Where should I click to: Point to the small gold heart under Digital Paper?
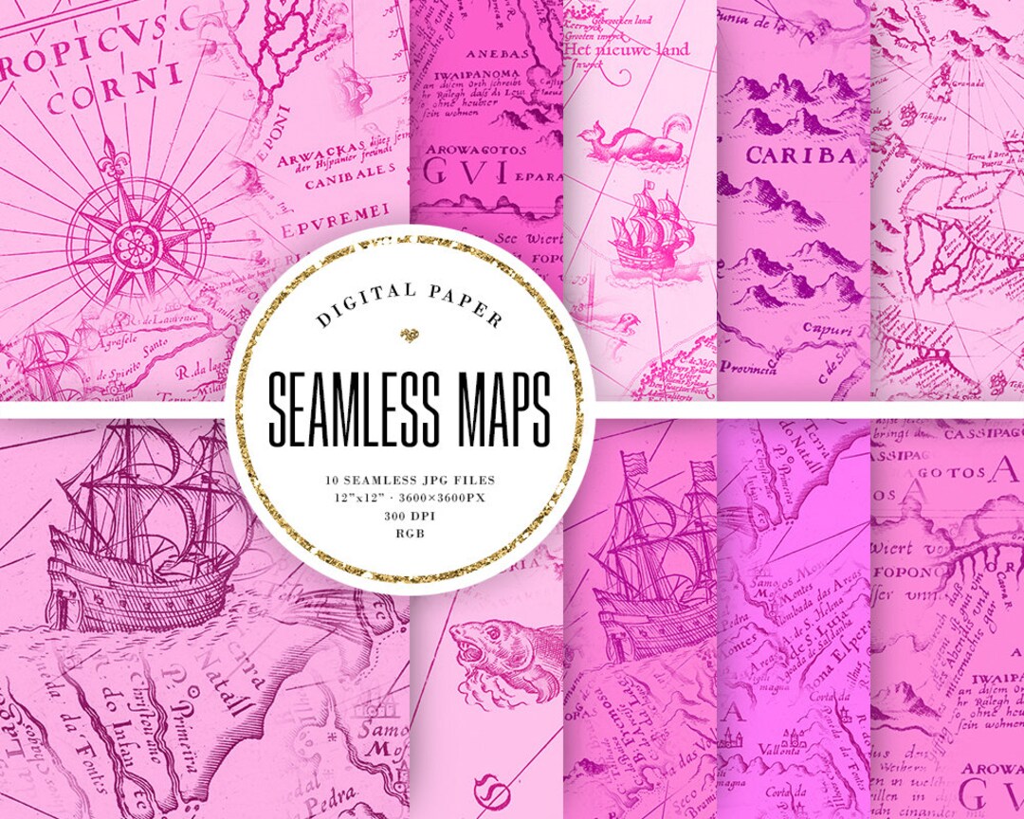[410, 334]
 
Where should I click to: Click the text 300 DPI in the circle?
[410, 518]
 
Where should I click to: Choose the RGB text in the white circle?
[410, 534]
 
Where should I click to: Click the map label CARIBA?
[802, 155]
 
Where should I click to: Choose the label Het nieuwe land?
[614, 49]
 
